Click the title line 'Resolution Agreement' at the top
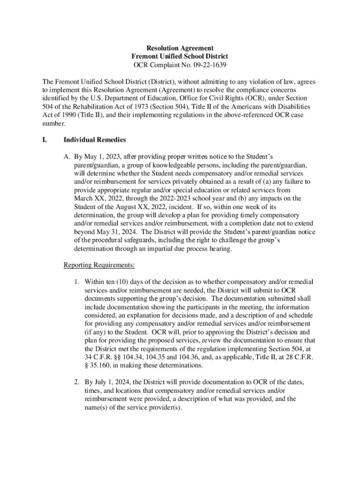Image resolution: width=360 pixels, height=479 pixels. [180, 48]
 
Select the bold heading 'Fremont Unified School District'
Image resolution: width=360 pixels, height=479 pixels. [180, 56]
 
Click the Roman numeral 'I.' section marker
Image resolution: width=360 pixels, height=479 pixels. [45, 140]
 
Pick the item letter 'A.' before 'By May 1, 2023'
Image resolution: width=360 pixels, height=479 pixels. [67, 157]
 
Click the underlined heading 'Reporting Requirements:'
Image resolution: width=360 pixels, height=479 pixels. [99, 265]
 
